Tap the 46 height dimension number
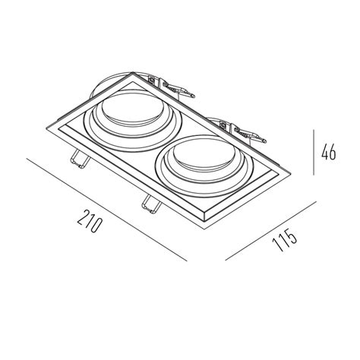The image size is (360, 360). point(329,152)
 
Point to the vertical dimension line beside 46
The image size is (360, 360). point(314,152)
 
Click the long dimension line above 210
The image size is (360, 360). point(106,210)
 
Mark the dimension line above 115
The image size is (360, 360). point(271,231)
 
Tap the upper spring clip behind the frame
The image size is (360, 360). point(172,87)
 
